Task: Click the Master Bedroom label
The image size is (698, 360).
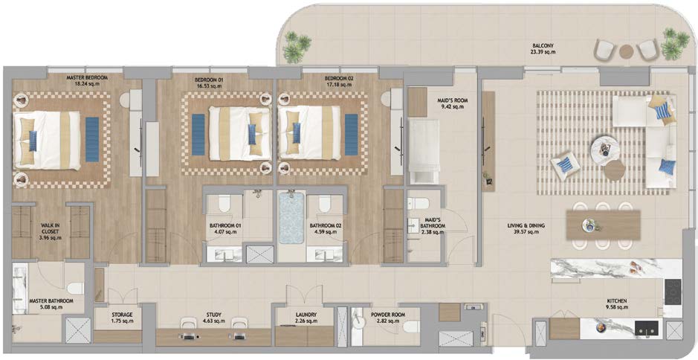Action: (87, 77)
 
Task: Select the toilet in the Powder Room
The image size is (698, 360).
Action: (411, 327)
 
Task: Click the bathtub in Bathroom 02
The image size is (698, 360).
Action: (291, 218)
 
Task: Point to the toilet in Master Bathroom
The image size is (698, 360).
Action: (75, 289)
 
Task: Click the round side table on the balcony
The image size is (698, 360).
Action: (626, 51)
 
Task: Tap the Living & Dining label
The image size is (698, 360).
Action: (526, 226)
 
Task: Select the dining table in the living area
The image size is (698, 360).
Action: (603, 225)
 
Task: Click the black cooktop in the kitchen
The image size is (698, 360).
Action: (673, 292)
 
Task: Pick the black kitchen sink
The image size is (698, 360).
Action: (647, 327)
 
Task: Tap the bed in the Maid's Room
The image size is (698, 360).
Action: (424, 152)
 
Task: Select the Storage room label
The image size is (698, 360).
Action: (122, 315)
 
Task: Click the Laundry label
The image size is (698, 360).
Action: (306, 314)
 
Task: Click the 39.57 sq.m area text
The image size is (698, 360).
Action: (526, 231)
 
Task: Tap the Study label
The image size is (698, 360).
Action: (214, 315)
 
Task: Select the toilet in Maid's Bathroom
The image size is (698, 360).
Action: (420, 204)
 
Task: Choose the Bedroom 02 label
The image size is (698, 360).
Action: (339, 79)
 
